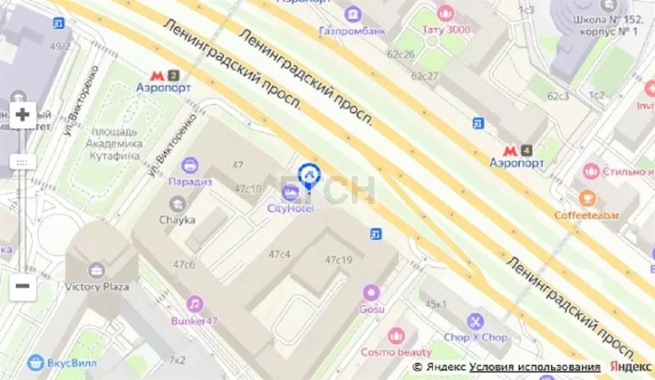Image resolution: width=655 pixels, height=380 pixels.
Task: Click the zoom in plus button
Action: [23, 115]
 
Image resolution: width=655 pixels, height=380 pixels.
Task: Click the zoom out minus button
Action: [23, 285]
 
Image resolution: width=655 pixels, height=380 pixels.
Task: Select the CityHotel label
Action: [291, 208]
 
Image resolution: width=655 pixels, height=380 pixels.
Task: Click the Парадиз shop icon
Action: [190, 166]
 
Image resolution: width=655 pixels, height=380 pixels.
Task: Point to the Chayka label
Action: [177, 220]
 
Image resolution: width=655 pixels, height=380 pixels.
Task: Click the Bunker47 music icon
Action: [195, 304]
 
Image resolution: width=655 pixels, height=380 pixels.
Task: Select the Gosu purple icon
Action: [372, 293]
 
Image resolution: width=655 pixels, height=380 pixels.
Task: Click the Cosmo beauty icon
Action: [397, 336]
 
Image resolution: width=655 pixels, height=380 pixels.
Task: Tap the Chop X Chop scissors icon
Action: [475, 321]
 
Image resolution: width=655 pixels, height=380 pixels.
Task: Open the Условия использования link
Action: [535, 367]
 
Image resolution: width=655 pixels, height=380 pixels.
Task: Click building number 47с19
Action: [338, 260]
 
